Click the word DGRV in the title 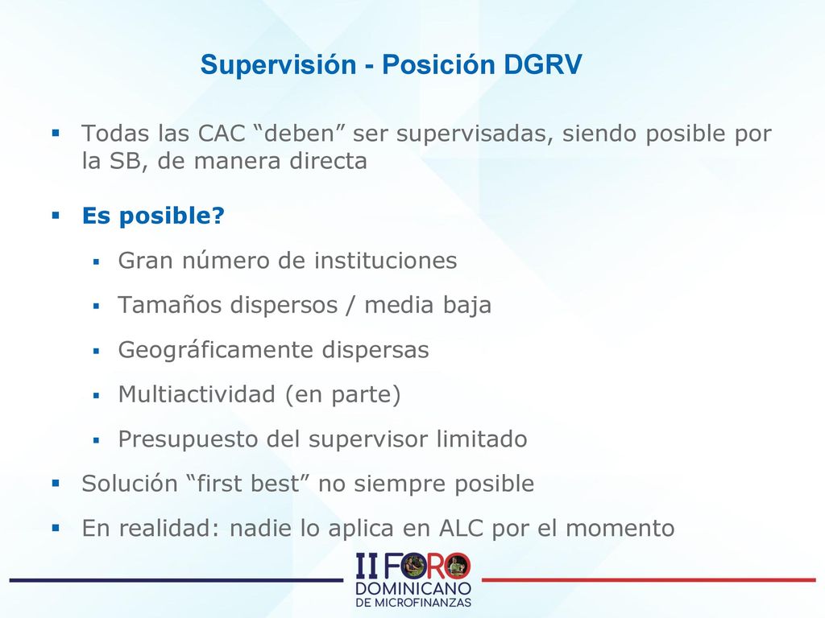[x=542, y=64]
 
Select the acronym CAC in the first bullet [x=222, y=134]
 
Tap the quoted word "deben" [x=298, y=133]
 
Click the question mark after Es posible [x=218, y=215]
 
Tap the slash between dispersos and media [x=350, y=305]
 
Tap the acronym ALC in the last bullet [x=460, y=528]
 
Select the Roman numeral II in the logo [x=367, y=566]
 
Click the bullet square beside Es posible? [x=56, y=215]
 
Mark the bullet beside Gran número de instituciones [x=96, y=262]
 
